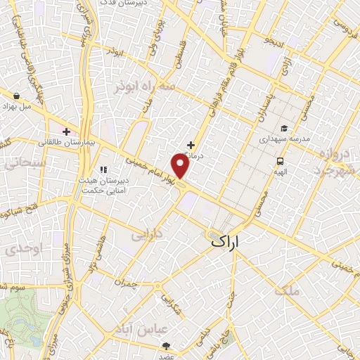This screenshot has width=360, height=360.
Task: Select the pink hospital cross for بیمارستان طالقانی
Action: tap(67, 131)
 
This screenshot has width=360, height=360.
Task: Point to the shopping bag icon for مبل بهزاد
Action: tap(15, 95)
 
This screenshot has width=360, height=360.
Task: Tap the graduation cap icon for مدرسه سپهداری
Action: tap(283, 128)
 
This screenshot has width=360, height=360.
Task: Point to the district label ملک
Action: tap(288, 289)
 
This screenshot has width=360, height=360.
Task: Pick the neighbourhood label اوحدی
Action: tap(22, 250)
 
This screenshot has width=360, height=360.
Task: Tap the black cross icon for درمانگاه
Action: tap(191, 144)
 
